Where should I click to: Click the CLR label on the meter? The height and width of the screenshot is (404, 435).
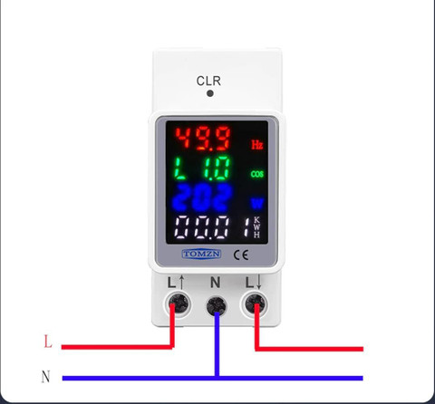[208, 81]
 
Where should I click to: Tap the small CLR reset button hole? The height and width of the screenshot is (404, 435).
[210, 93]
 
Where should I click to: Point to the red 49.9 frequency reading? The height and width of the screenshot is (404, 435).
[203, 139]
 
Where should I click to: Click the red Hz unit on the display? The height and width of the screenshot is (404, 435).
[257, 145]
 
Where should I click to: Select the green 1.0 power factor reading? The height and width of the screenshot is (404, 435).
[217, 168]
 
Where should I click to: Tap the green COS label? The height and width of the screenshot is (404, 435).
[257, 174]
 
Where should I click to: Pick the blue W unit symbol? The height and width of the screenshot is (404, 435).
[257, 204]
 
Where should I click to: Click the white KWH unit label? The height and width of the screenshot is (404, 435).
[256, 227]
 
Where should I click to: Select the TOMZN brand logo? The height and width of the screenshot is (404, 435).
[201, 254]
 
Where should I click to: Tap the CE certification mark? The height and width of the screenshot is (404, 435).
[241, 255]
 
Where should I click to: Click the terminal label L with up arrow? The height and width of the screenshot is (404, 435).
[176, 283]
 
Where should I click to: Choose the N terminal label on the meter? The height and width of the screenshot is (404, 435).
[215, 283]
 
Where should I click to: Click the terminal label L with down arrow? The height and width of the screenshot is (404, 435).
[253, 283]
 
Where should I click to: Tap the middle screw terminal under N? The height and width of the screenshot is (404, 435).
[217, 305]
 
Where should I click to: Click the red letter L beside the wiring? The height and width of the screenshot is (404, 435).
[48, 341]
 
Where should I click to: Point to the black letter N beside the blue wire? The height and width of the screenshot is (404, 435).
[45, 377]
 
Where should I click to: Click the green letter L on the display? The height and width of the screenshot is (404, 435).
[180, 168]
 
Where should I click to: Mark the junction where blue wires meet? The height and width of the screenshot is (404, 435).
[217, 378]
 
